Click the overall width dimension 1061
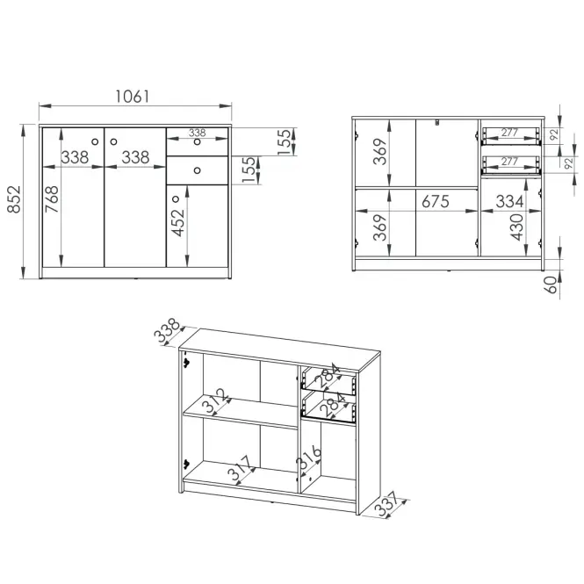coord(133,97)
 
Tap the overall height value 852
coord(15,199)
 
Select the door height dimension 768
coord(52,199)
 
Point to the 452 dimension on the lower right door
coord(177,223)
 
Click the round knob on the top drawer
coord(197,142)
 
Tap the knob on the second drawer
coord(197,170)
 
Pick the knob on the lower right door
coord(176,199)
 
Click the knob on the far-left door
coord(95,142)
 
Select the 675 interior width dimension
coord(436,201)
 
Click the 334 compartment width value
coord(509,201)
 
